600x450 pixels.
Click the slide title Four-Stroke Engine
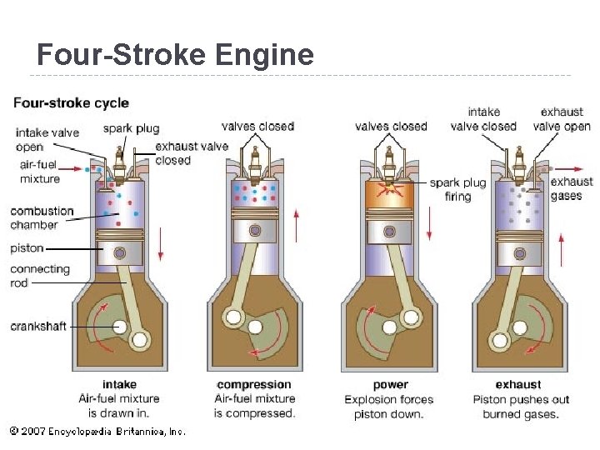(x=175, y=55)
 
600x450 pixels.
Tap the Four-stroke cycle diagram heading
(x=71, y=103)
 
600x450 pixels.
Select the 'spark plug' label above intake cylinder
(x=131, y=128)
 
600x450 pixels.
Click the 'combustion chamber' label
(x=42, y=217)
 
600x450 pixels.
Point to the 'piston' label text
(x=27, y=248)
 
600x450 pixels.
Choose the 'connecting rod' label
(x=39, y=276)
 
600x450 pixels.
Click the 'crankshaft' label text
(x=38, y=326)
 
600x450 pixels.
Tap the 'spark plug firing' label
(x=457, y=189)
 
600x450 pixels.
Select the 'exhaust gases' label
(x=572, y=188)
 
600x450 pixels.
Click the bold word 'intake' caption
(x=119, y=385)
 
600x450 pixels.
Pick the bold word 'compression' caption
(x=254, y=385)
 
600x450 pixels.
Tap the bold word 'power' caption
(x=390, y=385)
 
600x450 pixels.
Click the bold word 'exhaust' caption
(x=517, y=385)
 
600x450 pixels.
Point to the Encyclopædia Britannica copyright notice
(x=97, y=431)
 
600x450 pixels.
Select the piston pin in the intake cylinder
(x=120, y=253)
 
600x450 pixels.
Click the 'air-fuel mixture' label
(x=40, y=172)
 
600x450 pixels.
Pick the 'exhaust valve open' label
(x=562, y=119)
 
